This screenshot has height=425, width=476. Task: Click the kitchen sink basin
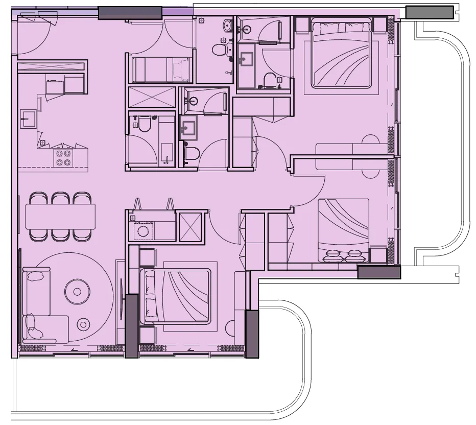(27, 119)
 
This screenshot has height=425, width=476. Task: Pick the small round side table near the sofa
(83, 323)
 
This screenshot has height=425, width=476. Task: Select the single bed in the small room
(161, 69)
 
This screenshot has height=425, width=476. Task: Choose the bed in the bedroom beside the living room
(177, 296)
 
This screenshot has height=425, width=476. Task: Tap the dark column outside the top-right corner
(430, 12)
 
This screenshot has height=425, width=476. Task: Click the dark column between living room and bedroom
(132, 325)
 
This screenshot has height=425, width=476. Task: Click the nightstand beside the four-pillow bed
(377, 254)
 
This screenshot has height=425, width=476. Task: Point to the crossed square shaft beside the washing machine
(190, 226)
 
